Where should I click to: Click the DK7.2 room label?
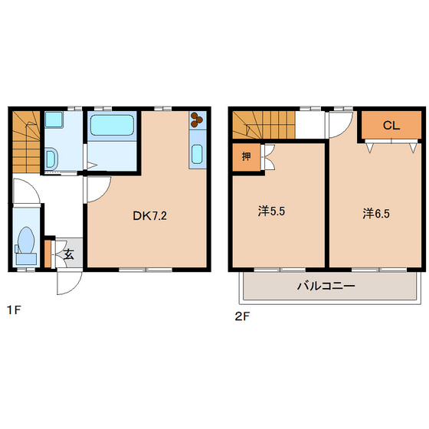click(149, 216)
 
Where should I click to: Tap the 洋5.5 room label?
click(271, 211)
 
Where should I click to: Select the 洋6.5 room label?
click(376, 214)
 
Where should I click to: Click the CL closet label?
click(391, 126)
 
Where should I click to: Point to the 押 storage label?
click(246, 156)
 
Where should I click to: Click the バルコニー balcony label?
click(326, 287)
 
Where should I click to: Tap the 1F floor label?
click(14, 310)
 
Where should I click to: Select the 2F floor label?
click(242, 316)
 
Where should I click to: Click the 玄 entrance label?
click(69, 254)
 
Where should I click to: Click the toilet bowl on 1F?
click(26, 241)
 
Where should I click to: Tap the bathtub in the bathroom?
click(112, 125)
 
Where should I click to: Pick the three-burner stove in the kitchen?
click(197, 120)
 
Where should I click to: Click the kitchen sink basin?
click(197, 154)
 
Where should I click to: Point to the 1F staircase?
click(26, 142)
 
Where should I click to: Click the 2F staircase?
click(264, 125)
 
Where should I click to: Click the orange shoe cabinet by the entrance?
click(47, 254)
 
